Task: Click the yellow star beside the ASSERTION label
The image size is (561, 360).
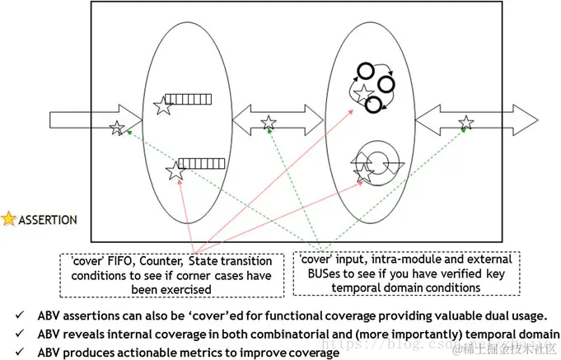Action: tap(9, 219)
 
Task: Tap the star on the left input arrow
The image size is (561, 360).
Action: tap(118, 128)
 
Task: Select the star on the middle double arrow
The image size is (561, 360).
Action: tap(269, 123)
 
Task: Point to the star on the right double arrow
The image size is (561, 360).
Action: tap(466, 124)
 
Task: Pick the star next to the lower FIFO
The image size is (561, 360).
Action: tap(175, 171)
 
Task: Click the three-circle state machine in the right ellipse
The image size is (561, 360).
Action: tap(372, 86)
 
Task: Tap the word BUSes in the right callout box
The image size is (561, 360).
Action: tap(316, 276)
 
